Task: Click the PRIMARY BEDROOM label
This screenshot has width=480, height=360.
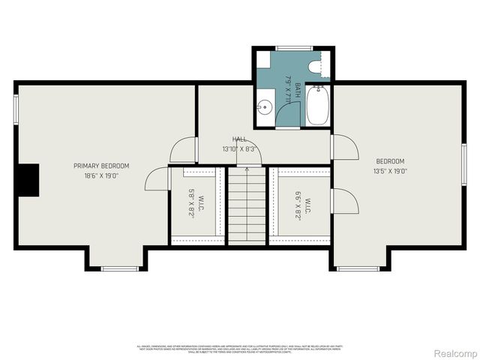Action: [x=101, y=166]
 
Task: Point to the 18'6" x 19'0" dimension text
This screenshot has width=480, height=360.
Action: [x=101, y=175]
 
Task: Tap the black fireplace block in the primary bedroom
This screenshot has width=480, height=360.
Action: [x=28, y=181]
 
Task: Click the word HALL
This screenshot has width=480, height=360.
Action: [x=239, y=139]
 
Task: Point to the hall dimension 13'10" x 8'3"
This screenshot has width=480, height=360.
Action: [x=239, y=149]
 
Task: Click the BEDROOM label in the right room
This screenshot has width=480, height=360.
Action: [x=390, y=161]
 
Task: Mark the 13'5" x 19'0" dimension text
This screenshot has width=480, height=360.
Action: [x=390, y=171]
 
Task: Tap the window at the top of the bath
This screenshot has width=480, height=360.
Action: [x=293, y=49]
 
